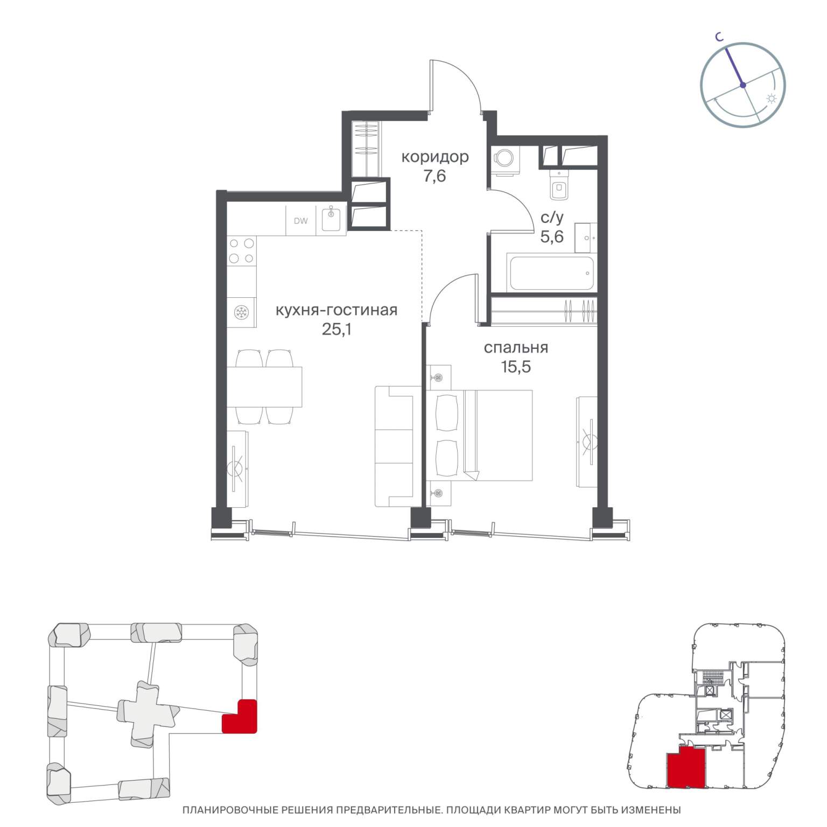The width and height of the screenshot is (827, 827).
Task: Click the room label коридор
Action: pyautogui.click(x=435, y=157)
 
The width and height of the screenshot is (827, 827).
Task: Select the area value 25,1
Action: pyautogui.click(x=337, y=329)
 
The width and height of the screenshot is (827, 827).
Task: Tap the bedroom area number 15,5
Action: pyautogui.click(x=516, y=367)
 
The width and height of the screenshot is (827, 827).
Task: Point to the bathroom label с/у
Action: pyautogui.click(x=552, y=218)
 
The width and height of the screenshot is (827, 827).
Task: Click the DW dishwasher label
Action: pyautogui.click(x=301, y=221)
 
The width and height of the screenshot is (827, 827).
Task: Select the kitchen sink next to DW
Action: pyautogui.click(x=331, y=220)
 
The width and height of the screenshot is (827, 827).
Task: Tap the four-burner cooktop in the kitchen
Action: pyautogui.click(x=242, y=251)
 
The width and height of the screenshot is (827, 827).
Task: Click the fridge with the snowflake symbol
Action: pyautogui.click(x=241, y=312)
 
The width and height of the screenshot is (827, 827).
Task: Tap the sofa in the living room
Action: pyautogui.click(x=394, y=446)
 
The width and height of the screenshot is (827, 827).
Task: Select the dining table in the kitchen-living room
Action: pyautogui.click(x=264, y=387)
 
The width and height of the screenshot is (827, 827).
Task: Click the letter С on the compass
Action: pyautogui.click(x=718, y=37)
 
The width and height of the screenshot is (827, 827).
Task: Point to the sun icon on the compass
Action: pyautogui.click(x=772, y=99)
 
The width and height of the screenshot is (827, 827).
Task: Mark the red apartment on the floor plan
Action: pyautogui.click(x=685, y=767)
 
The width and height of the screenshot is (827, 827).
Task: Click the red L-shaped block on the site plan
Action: pyautogui.click(x=240, y=716)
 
